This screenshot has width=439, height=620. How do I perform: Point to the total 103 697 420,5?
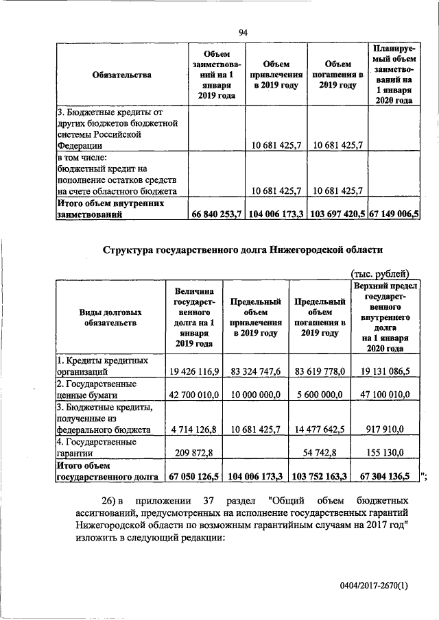(x=337, y=214)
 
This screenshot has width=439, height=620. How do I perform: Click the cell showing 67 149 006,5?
(x=394, y=214)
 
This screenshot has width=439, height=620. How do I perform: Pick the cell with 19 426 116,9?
(x=193, y=371)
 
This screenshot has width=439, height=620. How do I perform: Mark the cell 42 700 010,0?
(x=193, y=395)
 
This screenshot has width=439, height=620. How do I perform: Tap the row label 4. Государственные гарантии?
(x=96, y=447)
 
